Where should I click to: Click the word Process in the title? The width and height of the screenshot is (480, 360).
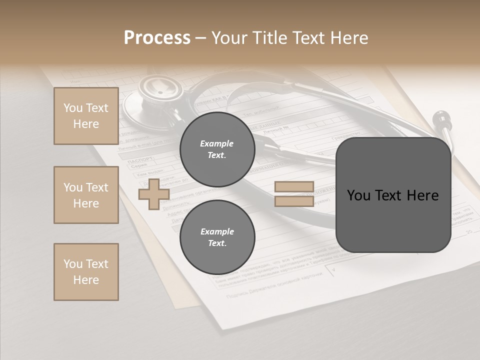pyautogui.click(x=157, y=38)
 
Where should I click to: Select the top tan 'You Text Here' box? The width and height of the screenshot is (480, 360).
pyautogui.click(x=86, y=116)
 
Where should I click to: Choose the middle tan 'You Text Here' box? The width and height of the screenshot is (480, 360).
pyautogui.click(x=86, y=195)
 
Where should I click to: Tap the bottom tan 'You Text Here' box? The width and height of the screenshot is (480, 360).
pyautogui.click(x=86, y=272)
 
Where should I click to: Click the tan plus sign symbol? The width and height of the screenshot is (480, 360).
pyautogui.click(x=154, y=194)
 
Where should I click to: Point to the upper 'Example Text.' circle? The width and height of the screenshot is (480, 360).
pyautogui.click(x=217, y=149)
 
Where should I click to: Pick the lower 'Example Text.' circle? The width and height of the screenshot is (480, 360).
pyautogui.click(x=217, y=237)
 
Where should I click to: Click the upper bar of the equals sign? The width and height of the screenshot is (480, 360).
pyautogui.click(x=294, y=187)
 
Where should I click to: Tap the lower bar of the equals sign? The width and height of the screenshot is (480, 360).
pyautogui.click(x=294, y=201)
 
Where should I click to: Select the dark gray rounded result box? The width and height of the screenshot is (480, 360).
pyautogui.click(x=393, y=195)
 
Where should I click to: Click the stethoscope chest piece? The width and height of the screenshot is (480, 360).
pyautogui.click(x=159, y=93)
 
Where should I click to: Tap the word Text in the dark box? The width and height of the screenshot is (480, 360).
pyautogui.click(x=392, y=195)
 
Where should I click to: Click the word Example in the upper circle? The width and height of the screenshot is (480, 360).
pyautogui.click(x=217, y=143)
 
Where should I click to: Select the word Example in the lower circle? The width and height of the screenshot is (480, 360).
pyautogui.click(x=217, y=231)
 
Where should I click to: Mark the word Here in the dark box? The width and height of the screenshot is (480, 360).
pyautogui.click(x=423, y=195)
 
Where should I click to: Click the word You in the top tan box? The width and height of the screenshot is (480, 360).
pyautogui.click(x=73, y=108)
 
